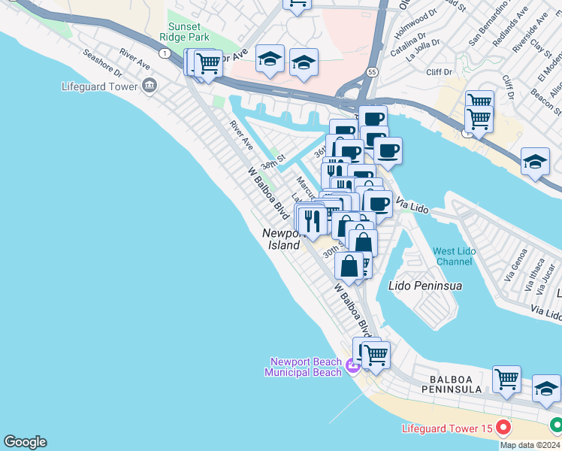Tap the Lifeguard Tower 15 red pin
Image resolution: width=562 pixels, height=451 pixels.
coord(503,428)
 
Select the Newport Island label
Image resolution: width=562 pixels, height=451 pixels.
coord(282,239)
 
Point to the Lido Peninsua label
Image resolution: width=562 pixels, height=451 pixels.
coord(425,286)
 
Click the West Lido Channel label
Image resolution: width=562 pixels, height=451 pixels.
coord(454,256)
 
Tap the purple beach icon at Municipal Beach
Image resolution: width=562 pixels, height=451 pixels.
coord(353,367)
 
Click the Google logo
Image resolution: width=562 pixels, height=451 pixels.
coord(25,442)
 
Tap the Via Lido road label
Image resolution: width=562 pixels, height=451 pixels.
coord(410,204)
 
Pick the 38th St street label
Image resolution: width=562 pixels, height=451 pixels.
coord(273,162)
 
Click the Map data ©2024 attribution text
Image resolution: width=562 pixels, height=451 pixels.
coord(529,445)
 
